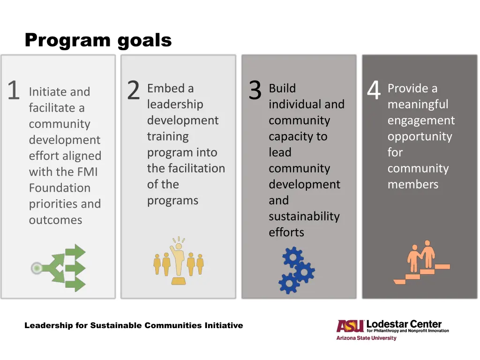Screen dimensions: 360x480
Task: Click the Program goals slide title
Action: pyautogui.click(x=98, y=40)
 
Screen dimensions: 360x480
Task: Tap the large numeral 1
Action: pyautogui.click(x=13, y=90)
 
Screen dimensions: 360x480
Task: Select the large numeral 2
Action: pyautogui.click(x=134, y=90)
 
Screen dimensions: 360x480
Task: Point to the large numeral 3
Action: pyautogui.click(x=255, y=90)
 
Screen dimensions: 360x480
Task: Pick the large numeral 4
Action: pyautogui.click(x=374, y=90)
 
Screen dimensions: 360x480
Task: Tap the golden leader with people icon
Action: pyautogui.click(x=179, y=262)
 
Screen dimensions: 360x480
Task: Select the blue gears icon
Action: pyautogui.click(x=296, y=270)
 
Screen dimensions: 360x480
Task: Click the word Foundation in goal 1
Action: pyautogui.click(x=60, y=188)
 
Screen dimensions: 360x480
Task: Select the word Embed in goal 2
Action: pyautogui.click(x=164, y=88)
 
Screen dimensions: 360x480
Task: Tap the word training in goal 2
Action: pyautogui.click(x=168, y=136)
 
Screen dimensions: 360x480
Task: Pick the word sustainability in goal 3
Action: pyautogui.click(x=304, y=217)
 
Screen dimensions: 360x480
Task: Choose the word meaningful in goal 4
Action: pyautogui.click(x=418, y=104)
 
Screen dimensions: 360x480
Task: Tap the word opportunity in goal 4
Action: pyautogui.click(x=420, y=136)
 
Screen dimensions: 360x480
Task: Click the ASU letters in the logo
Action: pyautogui.click(x=350, y=326)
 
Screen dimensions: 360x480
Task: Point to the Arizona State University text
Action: pyautogui.click(x=366, y=338)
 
